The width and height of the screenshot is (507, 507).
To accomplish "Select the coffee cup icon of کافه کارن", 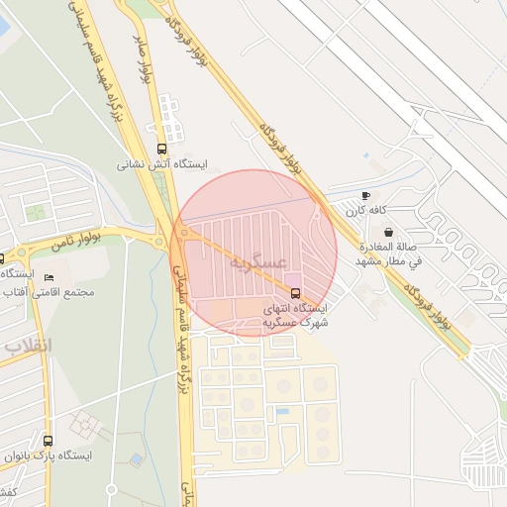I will point(366,196).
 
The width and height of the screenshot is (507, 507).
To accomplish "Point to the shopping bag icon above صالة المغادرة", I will point(388,232).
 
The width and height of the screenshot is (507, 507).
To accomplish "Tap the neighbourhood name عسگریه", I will point(258,262).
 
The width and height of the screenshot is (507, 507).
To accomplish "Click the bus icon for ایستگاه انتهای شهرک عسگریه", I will point(295,292).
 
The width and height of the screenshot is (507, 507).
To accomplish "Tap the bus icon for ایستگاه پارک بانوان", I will point(49,440).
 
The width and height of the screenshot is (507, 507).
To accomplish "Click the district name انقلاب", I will point(25,347).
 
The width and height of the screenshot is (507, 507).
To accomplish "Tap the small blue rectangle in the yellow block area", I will point(282,411).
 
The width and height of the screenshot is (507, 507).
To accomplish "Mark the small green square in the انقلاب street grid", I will point(36,213).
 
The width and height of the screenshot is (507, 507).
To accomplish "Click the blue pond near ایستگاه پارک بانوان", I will point(136,460).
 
